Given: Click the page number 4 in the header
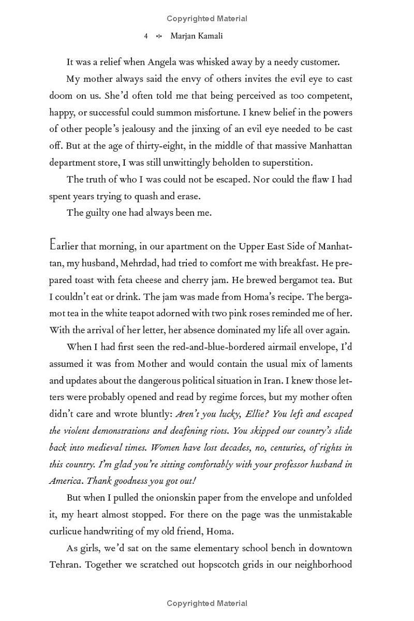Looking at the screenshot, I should click(x=146, y=36).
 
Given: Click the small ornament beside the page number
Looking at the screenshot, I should click(x=159, y=36).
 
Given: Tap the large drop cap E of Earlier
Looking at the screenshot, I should click(x=52, y=245).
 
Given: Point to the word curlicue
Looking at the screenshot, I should click(x=67, y=531).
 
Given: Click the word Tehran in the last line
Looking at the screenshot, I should click(x=65, y=565).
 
